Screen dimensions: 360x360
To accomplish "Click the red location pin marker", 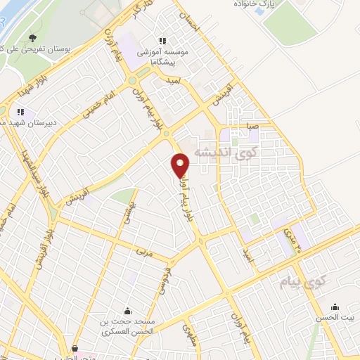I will pos(181,166).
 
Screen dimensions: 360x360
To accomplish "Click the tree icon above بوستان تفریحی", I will pos(32,38).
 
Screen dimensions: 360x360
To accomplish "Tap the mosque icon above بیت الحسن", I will pos(334,306).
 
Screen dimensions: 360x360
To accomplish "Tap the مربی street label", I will pos(143,249).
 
